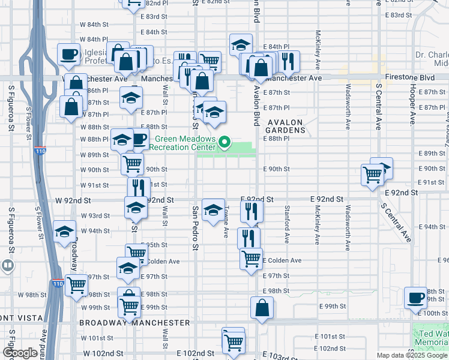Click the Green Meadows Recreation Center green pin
(225, 142)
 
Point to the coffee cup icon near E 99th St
(415, 297)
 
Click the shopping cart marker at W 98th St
(76, 286)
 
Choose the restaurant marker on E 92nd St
(252, 211)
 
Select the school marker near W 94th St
(64, 232)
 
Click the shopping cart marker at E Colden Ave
(251, 259)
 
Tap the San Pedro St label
(195, 228)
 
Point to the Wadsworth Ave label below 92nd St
(347, 228)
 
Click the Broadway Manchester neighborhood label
(134, 322)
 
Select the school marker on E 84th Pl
(241, 44)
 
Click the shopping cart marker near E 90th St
(372, 175)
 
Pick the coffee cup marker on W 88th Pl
(139, 140)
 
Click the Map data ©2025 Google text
(411, 355)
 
